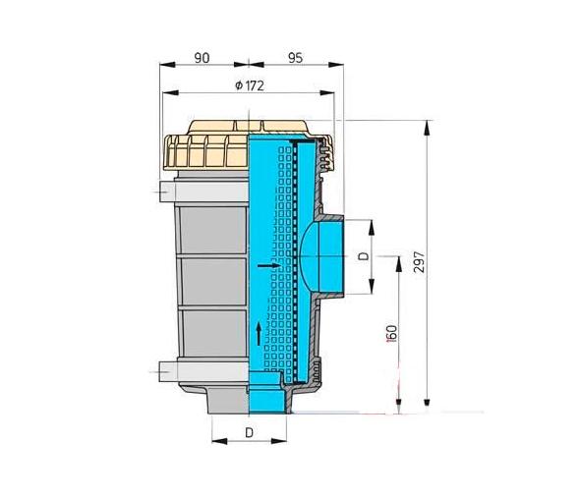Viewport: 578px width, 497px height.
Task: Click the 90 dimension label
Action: tap(202, 58)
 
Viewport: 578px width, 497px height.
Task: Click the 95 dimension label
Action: tap(294, 58)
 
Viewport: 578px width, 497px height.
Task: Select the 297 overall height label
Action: tap(421, 266)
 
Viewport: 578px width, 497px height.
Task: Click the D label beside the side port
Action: tap(362, 258)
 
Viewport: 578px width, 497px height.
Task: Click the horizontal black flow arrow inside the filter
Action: tap(267, 265)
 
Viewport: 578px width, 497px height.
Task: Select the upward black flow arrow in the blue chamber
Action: tap(259, 331)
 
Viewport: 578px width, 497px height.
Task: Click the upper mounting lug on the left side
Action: tap(165, 191)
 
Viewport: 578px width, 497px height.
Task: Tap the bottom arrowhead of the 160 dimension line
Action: tap(398, 404)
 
